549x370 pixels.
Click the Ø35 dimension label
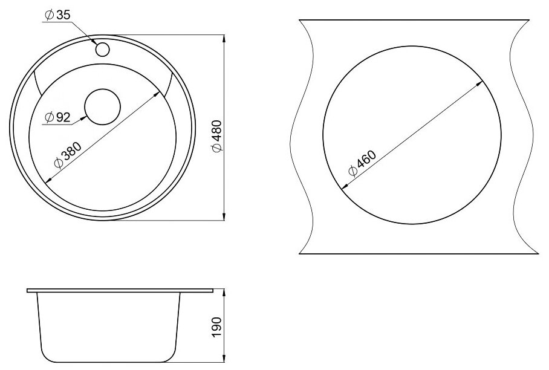[58, 15]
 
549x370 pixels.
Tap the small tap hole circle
[103, 49]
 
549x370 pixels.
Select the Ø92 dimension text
[58, 117]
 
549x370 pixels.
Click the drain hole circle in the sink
[103, 106]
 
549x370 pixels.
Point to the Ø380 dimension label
[68, 155]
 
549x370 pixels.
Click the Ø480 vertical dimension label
[216, 136]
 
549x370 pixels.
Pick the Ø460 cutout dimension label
[362, 163]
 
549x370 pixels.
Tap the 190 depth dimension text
[216, 327]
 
